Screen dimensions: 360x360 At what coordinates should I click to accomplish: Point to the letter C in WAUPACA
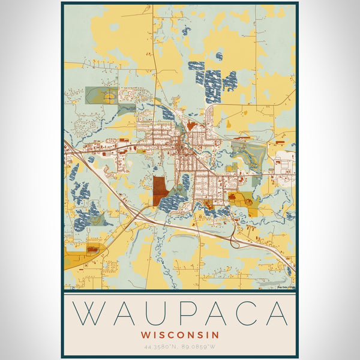click(x=247, y=313)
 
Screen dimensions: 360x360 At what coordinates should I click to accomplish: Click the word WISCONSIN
click(x=180, y=334)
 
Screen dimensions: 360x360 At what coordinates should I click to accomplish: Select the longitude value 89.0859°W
click(x=199, y=347)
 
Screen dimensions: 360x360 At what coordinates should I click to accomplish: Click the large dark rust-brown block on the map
click(x=160, y=190)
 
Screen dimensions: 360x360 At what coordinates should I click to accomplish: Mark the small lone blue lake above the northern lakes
click(x=219, y=56)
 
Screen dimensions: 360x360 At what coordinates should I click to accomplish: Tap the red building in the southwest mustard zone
click(x=92, y=248)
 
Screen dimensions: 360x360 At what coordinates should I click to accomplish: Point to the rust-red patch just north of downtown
click(x=191, y=125)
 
